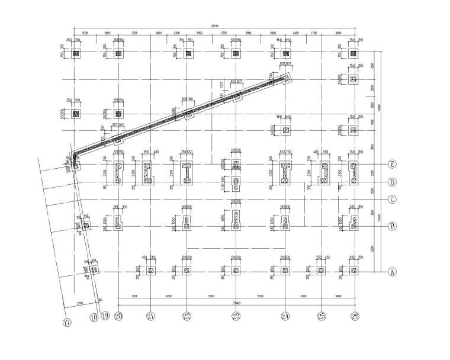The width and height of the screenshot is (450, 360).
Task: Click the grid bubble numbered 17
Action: click(x=67, y=322)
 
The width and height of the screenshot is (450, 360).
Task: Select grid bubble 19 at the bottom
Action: click(x=106, y=317)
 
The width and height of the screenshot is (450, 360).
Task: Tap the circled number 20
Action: click(x=118, y=317)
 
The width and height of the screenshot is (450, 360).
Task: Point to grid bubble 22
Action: click(x=187, y=317)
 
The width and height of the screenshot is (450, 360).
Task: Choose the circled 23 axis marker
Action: click(x=236, y=317)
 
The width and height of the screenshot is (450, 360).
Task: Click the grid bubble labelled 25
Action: click(x=322, y=317)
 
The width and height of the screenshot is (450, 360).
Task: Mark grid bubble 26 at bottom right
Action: click(x=355, y=317)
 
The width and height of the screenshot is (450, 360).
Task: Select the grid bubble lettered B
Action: click(x=391, y=226)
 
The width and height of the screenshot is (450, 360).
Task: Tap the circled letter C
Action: click(x=391, y=199)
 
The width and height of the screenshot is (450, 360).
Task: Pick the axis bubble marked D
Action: click(x=391, y=182)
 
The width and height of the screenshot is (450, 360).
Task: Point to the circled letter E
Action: click(x=391, y=164)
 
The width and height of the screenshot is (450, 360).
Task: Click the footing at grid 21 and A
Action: click(x=150, y=271)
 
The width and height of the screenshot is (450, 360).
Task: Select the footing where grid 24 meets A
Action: click(x=285, y=271)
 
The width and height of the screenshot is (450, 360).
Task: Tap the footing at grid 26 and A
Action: click(x=354, y=271)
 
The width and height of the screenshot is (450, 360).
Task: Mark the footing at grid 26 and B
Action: click(x=354, y=223)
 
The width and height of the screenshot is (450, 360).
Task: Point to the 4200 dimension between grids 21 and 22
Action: click(x=168, y=295)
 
